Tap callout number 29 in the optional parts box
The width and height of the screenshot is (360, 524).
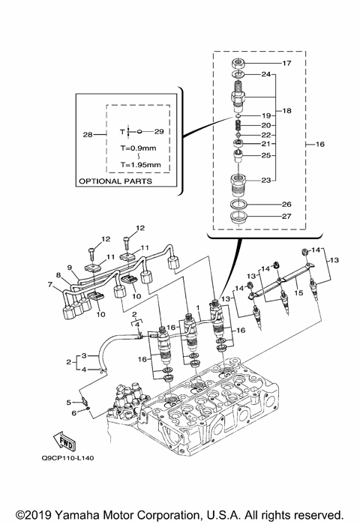point(159,131)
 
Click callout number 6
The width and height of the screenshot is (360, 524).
point(73,412)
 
